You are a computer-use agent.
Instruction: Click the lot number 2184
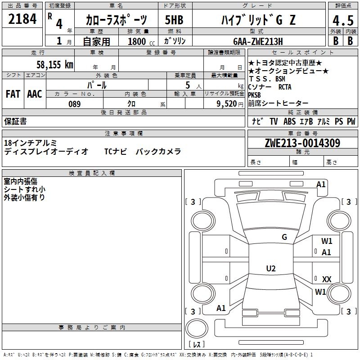[x=22, y=19]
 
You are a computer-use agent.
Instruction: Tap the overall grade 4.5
[x=342, y=20]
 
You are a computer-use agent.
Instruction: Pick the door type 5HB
[x=174, y=20]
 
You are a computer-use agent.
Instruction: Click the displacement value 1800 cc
[x=141, y=41]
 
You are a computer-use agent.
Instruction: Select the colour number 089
[x=74, y=104]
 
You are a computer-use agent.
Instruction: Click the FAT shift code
[x=13, y=94]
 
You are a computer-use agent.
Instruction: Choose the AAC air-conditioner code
[x=35, y=94]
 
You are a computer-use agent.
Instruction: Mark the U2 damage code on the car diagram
[x=270, y=269]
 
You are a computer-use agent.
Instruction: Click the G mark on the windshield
[x=284, y=237]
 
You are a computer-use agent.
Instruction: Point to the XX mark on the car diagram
[x=327, y=279]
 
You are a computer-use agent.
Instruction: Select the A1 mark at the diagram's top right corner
[x=321, y=184]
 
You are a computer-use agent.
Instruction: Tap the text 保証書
[x=15, y=121]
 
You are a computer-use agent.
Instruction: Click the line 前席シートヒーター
[x=278, y=103]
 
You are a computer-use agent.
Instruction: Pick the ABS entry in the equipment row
[x=289, y=121]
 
